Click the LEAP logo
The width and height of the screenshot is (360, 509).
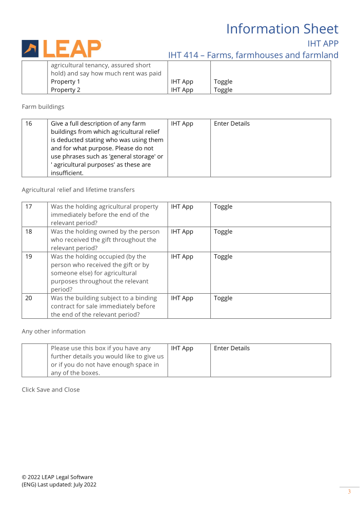point(62,49)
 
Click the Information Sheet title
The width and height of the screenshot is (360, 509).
point(282,29)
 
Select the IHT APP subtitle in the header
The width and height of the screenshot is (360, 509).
point(323,44)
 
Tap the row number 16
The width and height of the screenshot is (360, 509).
point(29,124)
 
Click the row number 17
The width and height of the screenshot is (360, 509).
point(29,207)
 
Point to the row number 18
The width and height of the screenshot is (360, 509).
point(29,232)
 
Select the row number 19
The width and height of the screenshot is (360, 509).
point(29,256)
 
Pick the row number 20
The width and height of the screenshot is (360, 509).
point(29,298)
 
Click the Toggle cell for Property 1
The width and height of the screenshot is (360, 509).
point(223,82)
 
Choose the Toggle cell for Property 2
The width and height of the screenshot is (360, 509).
point(223,90)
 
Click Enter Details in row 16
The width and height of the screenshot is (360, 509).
point(232,124)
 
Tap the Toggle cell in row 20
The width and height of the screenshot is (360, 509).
point(223,298)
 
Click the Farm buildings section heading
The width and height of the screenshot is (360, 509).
point(43,107)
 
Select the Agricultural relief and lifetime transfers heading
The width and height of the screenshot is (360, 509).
point(78,190)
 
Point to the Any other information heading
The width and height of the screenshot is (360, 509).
point(53,331)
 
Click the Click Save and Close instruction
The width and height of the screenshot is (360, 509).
point(51,390)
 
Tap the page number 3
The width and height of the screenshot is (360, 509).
point(349,492)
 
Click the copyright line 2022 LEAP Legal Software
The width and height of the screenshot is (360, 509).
point(57,477)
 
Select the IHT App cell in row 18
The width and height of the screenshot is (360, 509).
point(182,232)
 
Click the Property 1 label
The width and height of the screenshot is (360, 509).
point(65,82)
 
